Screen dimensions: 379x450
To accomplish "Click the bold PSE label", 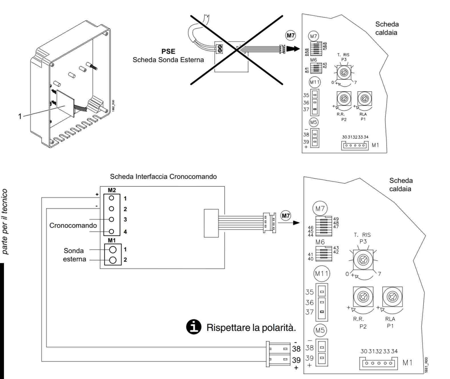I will [x=168, y=52].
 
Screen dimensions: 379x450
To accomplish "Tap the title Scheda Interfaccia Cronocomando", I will [x=163, y=177].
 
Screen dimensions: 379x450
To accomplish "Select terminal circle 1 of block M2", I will [x=112, y=198].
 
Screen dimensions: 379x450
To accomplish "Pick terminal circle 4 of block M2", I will [x=112, y=231].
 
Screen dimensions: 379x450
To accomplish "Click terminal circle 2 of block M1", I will [x=113, y=260].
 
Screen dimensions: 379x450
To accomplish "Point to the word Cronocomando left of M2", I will [x=73, y=225].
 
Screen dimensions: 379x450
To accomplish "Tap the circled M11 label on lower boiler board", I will [x=322, y=273].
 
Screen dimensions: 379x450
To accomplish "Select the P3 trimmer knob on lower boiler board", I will [x=363, y=260].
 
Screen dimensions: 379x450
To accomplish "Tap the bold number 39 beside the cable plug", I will [x=296, y=360].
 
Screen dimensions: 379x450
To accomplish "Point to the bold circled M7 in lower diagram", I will [x=286, y=216].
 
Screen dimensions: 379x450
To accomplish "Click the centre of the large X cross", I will [x=237, y=50].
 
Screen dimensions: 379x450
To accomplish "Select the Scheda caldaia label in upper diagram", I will [x=387, y=28].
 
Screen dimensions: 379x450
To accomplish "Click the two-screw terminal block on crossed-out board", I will [x=220, y=48].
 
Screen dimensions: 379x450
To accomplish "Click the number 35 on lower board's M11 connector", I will [x=310, y=292].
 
